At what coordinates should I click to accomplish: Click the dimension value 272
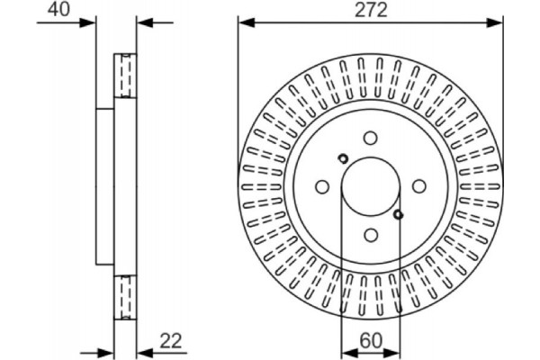369,11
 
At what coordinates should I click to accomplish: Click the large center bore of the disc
370,185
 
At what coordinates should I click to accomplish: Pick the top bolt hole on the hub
370,138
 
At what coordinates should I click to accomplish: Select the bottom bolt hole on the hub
370,234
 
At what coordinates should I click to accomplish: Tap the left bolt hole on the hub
322,186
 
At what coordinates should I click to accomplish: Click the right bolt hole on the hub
418,186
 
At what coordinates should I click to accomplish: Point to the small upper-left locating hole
342,158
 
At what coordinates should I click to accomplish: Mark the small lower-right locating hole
399,214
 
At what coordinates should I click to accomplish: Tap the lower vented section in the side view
125,297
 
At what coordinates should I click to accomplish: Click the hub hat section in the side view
105,186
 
